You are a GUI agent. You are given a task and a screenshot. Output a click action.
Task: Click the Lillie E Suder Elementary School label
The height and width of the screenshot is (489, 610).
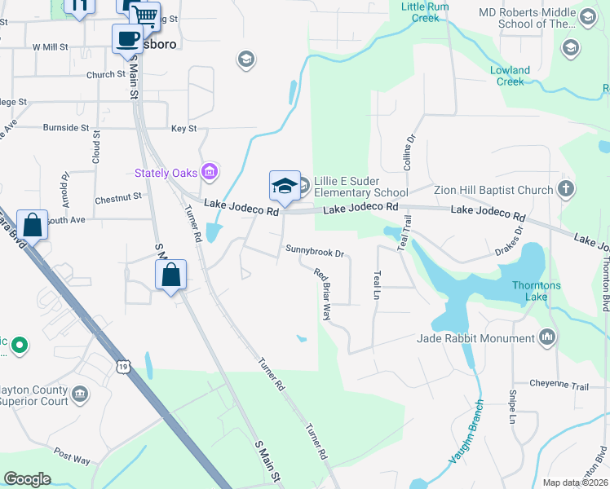[360, 187]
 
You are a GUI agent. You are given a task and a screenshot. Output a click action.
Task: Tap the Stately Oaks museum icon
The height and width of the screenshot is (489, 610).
[210, 172]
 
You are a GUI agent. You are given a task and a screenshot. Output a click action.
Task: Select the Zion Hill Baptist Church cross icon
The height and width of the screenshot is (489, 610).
[567, 190]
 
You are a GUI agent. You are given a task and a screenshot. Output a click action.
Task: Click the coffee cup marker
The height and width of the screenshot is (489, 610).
[127, 38]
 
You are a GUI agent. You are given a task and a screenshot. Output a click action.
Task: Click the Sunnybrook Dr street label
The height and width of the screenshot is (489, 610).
[315, 253]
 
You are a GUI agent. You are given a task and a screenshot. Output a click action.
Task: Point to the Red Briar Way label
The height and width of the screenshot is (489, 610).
[324, 294]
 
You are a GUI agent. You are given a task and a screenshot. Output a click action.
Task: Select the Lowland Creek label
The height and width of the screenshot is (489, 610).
[511, 76]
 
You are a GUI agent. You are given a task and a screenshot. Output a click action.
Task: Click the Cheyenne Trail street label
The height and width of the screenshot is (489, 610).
[559, 385]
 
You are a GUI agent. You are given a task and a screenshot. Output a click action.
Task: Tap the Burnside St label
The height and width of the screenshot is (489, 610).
[66, 128]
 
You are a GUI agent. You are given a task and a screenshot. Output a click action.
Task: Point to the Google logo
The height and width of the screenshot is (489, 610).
[27, 479]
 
